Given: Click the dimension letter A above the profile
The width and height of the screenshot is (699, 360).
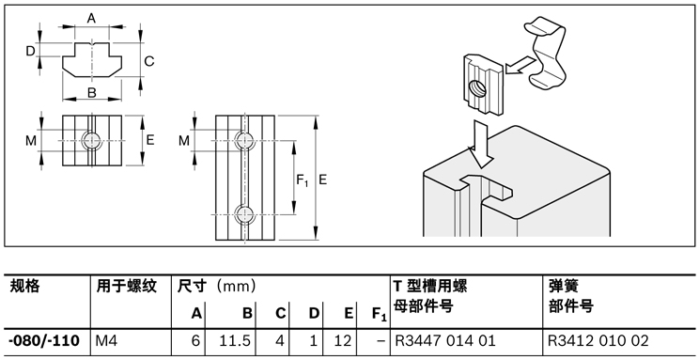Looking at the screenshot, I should (x=92, y=18).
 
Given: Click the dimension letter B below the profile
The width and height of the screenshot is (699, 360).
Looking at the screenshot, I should (x=92, y=92).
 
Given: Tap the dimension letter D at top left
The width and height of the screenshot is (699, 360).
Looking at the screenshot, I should (x=30, y=51).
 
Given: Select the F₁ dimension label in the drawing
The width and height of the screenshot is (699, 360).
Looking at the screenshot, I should (x=302, y=179).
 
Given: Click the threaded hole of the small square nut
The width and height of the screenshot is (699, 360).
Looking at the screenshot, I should (x=91, y=140).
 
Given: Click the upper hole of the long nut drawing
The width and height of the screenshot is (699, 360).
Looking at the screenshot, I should (x=245, y=141).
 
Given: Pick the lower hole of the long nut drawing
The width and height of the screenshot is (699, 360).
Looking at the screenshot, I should (x=245, y=212).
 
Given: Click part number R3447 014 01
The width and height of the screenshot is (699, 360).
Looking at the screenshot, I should (x=444, y=339).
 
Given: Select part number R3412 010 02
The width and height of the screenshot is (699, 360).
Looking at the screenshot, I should (x=598, y=339).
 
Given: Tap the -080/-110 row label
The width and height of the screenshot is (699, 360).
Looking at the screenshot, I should (x=43, y=339).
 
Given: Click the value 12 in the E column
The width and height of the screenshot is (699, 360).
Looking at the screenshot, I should (x=345, y=339).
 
